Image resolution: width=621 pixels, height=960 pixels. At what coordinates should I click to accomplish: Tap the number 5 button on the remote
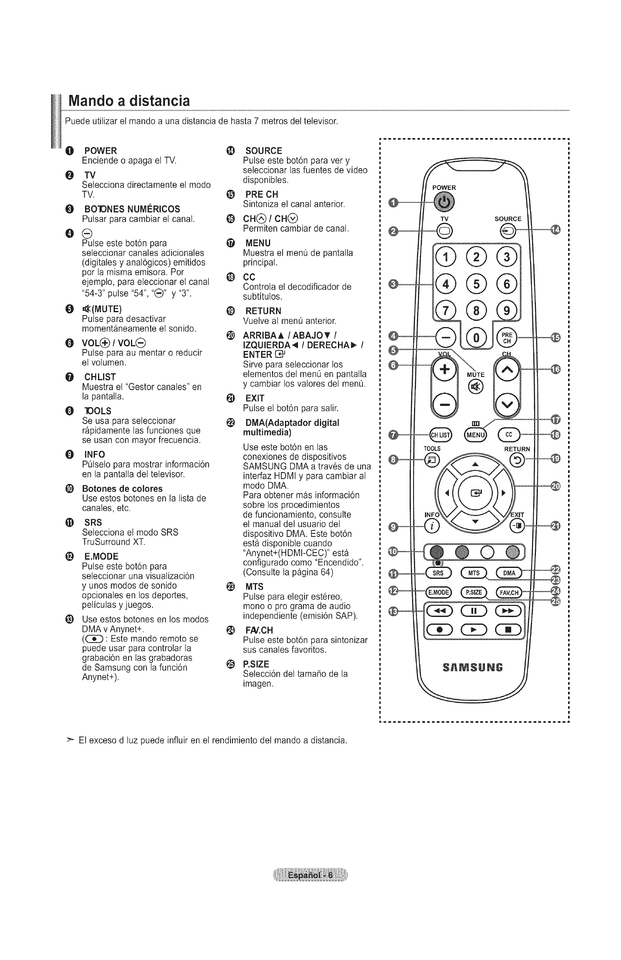click(476, 284)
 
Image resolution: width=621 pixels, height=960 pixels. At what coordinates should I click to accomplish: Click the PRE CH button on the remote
click(507, 338)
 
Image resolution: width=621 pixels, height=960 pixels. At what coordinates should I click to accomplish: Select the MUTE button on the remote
click(475, 386)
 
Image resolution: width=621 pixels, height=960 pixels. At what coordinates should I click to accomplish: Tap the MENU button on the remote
click(476, 435)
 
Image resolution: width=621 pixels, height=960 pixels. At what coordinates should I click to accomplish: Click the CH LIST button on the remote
click(441, 435)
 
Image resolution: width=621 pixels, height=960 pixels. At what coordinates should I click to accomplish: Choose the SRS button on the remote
click(438, 573)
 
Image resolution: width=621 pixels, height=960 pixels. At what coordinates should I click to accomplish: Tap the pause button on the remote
click(474, 611)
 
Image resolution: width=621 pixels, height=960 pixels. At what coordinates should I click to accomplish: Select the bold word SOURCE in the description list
click(264, 151)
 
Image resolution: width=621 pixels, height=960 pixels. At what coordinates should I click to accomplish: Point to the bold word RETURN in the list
click(263, 311)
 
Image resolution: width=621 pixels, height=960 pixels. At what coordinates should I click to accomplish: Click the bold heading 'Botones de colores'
click(122, 489)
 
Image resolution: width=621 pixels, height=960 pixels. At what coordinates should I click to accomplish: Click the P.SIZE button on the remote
click(474, 592)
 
